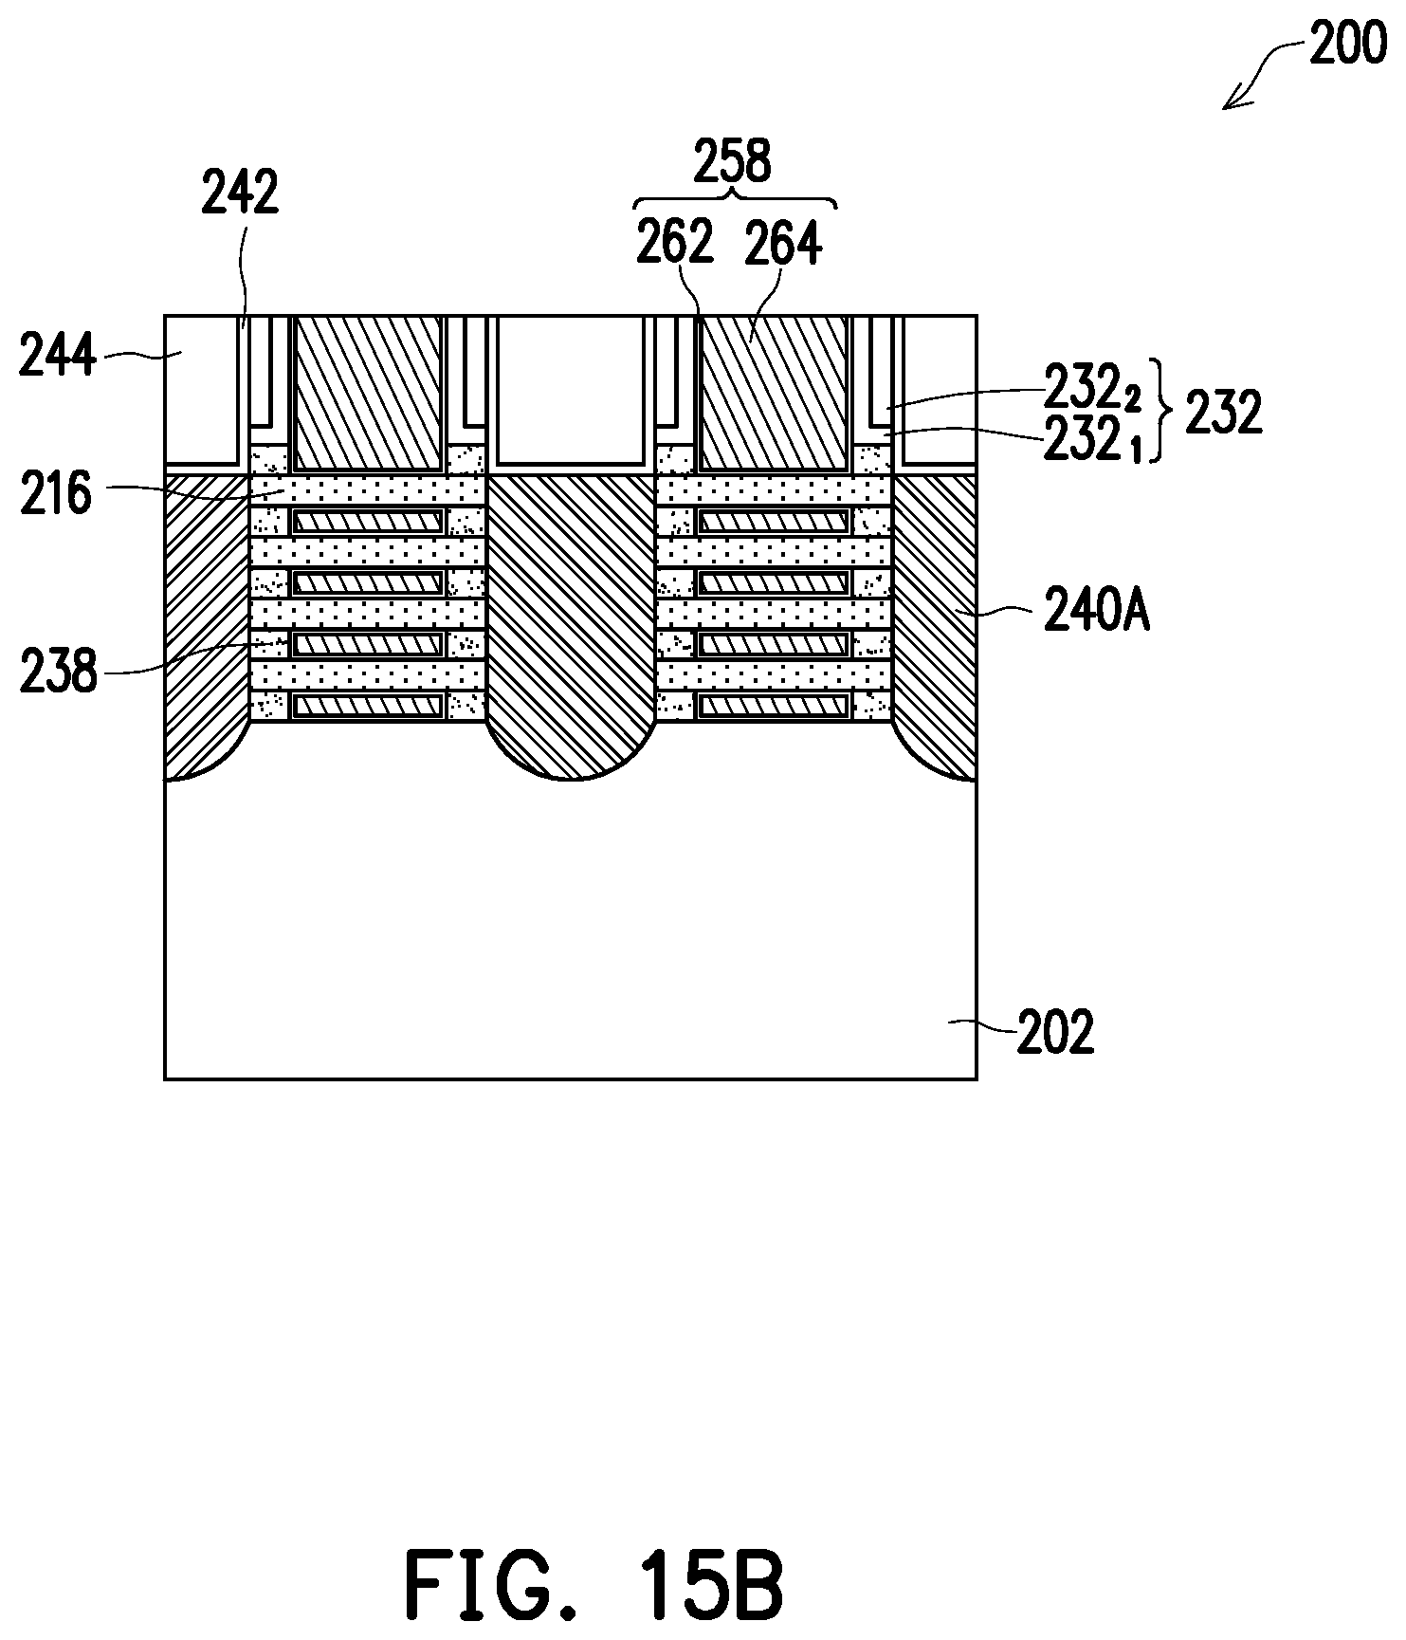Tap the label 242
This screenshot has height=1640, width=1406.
[x=240, y=193]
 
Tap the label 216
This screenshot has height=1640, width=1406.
[x=56, y=494]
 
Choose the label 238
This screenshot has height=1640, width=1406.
[x=58, y=672]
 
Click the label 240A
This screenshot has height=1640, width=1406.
[x=1097, y=613]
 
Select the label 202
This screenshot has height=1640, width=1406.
[x=1055, y=1032]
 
